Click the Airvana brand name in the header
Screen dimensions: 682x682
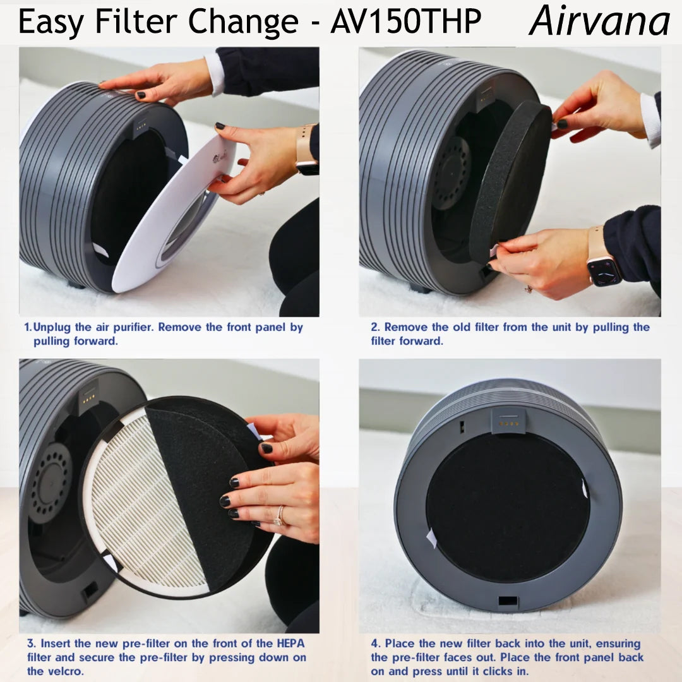599,20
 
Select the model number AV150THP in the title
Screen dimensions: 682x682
406,21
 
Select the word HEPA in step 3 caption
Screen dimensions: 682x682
290,643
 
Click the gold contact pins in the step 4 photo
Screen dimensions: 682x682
508,423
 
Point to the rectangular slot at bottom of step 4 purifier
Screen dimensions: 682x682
508,601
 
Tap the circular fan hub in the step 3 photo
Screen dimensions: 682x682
51,483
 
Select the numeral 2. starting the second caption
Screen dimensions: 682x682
375,327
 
